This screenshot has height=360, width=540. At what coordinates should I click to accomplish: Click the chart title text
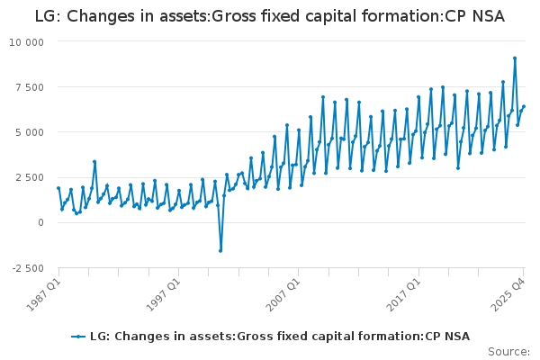click(270, 16)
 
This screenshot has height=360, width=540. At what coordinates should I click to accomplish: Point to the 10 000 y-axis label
click(26, 42)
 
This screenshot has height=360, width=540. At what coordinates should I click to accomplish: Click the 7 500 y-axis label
click(30, 87)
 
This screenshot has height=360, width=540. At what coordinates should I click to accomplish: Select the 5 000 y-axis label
click(30, 132)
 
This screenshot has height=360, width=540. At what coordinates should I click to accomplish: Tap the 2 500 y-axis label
click(30, 178)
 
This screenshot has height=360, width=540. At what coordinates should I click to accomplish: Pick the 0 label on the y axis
click(41, 222)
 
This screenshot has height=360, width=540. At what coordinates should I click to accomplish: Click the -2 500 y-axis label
click(28, 268)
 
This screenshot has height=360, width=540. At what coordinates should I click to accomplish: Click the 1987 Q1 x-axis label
click(44, 294)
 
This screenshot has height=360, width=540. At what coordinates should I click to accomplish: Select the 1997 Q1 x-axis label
click(164, 294)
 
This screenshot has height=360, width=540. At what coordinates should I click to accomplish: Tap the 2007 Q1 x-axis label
click(283, 294)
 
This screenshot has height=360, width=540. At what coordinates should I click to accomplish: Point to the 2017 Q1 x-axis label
click(403, 294)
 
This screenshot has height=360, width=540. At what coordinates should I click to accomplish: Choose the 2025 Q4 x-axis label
click(508, 294)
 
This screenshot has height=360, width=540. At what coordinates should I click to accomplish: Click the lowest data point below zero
click(220, 251)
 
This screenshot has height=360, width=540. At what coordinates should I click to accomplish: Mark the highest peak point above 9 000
click(515, 58)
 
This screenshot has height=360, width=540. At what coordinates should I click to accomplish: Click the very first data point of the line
click(58, 188)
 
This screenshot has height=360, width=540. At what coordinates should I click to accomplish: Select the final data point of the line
click(524, 106)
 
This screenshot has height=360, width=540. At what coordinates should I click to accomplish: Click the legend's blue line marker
click(78, 337)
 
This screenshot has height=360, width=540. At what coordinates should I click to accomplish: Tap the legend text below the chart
click(280, 337)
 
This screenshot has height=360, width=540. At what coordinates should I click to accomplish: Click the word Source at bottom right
click(508, 352)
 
